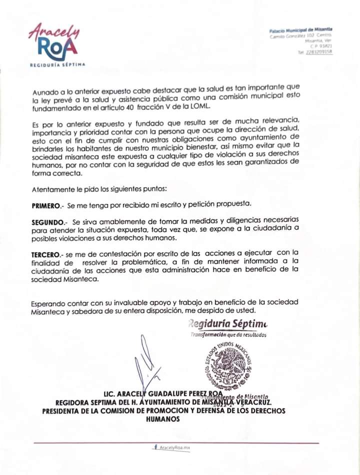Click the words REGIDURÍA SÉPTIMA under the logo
(57, 65)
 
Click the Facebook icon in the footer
(156, 448)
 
